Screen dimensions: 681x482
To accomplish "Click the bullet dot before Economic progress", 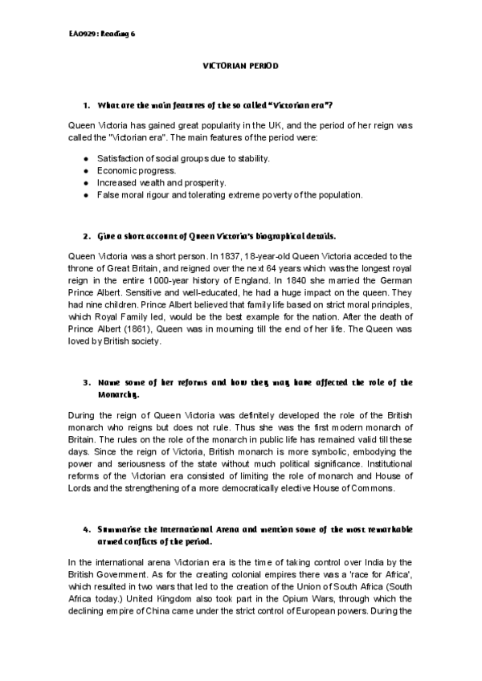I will [x=85, y=171].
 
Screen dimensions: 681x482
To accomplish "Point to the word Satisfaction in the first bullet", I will [x=121, y=159].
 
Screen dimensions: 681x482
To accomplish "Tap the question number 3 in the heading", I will [x=85, y=382].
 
